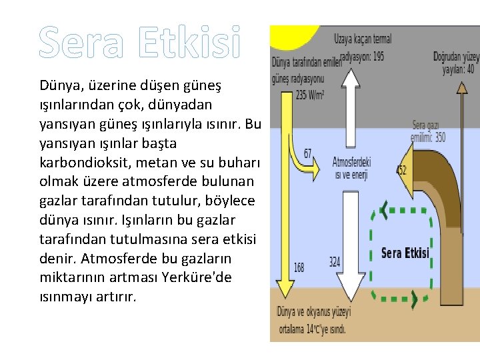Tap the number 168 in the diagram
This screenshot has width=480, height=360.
299,267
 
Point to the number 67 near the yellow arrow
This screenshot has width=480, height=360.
307,154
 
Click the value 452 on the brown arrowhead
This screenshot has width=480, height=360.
401,170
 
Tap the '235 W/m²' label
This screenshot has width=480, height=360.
310,95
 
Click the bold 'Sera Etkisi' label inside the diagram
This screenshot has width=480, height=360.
405,253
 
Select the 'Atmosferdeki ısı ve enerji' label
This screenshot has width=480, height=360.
351,167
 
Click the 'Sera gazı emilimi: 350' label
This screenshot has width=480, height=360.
428,131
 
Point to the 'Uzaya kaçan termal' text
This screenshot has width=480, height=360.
363,39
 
